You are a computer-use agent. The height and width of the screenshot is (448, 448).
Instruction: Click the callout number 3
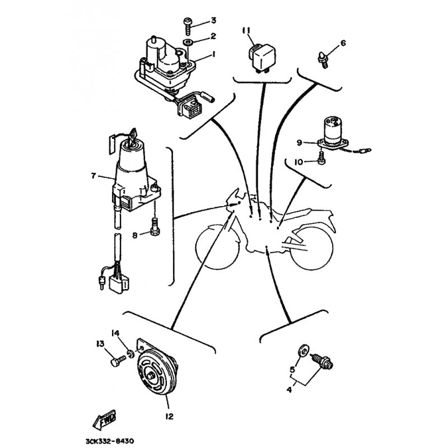pos(213,21)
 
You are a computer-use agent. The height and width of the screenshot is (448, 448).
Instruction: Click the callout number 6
pos(343,43)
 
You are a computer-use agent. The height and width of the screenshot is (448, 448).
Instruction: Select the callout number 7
pos(94,175)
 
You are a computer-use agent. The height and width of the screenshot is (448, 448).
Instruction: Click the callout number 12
pos(170,416)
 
